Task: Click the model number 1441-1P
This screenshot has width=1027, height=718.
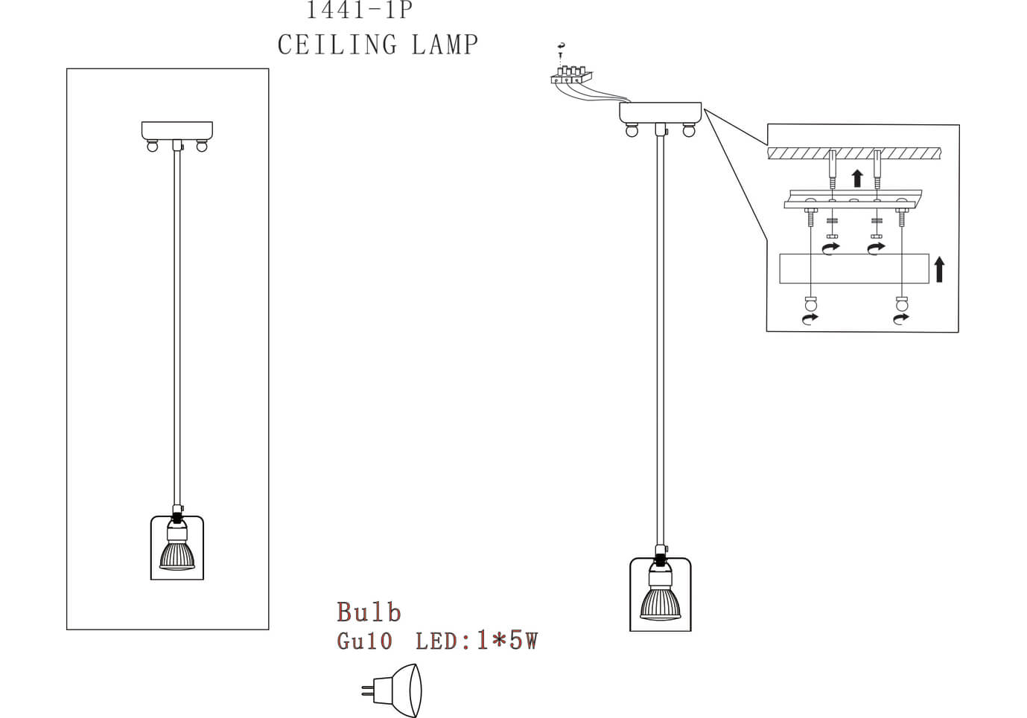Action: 359,10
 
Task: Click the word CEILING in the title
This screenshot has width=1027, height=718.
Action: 337,45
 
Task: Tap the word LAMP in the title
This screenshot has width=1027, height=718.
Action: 445,45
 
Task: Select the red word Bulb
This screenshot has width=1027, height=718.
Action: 369,612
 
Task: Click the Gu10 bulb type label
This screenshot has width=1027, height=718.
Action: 364,641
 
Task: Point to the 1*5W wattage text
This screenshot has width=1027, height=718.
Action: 506,641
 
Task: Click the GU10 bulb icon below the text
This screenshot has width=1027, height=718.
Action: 395,690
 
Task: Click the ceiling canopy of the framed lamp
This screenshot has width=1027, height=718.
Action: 177,130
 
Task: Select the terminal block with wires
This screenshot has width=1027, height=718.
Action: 571,75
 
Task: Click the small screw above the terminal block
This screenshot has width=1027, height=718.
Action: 560,50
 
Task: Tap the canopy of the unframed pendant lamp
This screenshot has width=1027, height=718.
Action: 660,112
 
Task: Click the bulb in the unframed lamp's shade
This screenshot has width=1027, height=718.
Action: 660,601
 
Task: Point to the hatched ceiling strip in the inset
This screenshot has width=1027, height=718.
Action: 854,153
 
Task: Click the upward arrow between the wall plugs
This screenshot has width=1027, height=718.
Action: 857,178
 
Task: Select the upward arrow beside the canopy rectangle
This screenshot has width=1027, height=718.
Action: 939,269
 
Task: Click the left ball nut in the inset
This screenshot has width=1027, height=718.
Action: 811,304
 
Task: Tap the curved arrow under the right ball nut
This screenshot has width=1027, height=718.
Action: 901,318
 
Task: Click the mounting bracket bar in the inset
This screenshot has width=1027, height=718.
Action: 853,200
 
